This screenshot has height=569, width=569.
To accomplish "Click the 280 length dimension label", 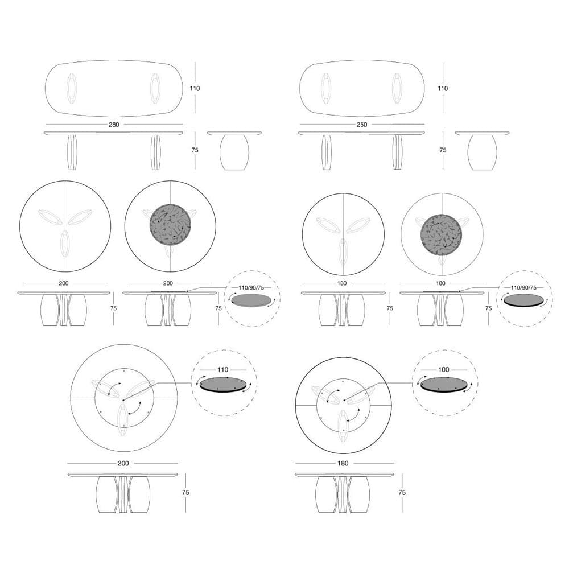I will (x=114, y=124).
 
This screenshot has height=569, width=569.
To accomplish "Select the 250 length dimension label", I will (x=362, y=124).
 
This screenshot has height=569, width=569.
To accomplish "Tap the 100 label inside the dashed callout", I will (x=444, y=370).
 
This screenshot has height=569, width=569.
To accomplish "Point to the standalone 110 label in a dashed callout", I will (x=222, y=370).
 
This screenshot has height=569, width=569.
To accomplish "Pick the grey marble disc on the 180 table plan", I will (x=441, y=234).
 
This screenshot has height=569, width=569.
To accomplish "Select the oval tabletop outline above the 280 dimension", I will (x=114, y=88).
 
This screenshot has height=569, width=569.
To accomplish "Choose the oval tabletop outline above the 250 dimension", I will (x=362, y=88).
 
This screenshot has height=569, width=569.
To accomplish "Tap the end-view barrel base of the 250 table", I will (x=482, y=152).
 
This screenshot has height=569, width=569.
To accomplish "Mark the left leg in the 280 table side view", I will (x=72, y=152).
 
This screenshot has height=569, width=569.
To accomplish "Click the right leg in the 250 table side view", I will (x=397, y=152).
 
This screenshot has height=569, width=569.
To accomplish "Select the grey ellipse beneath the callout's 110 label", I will (x=222, y=385).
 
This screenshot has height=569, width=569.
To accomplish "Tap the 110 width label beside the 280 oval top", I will (x=195, y=88).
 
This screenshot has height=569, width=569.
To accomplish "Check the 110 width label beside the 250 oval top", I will (x=443, y=88).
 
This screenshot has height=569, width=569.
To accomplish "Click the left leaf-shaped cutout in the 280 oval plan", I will (x=72, y=88).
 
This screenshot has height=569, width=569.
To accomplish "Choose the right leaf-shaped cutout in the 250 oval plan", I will (x=397, y=88).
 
